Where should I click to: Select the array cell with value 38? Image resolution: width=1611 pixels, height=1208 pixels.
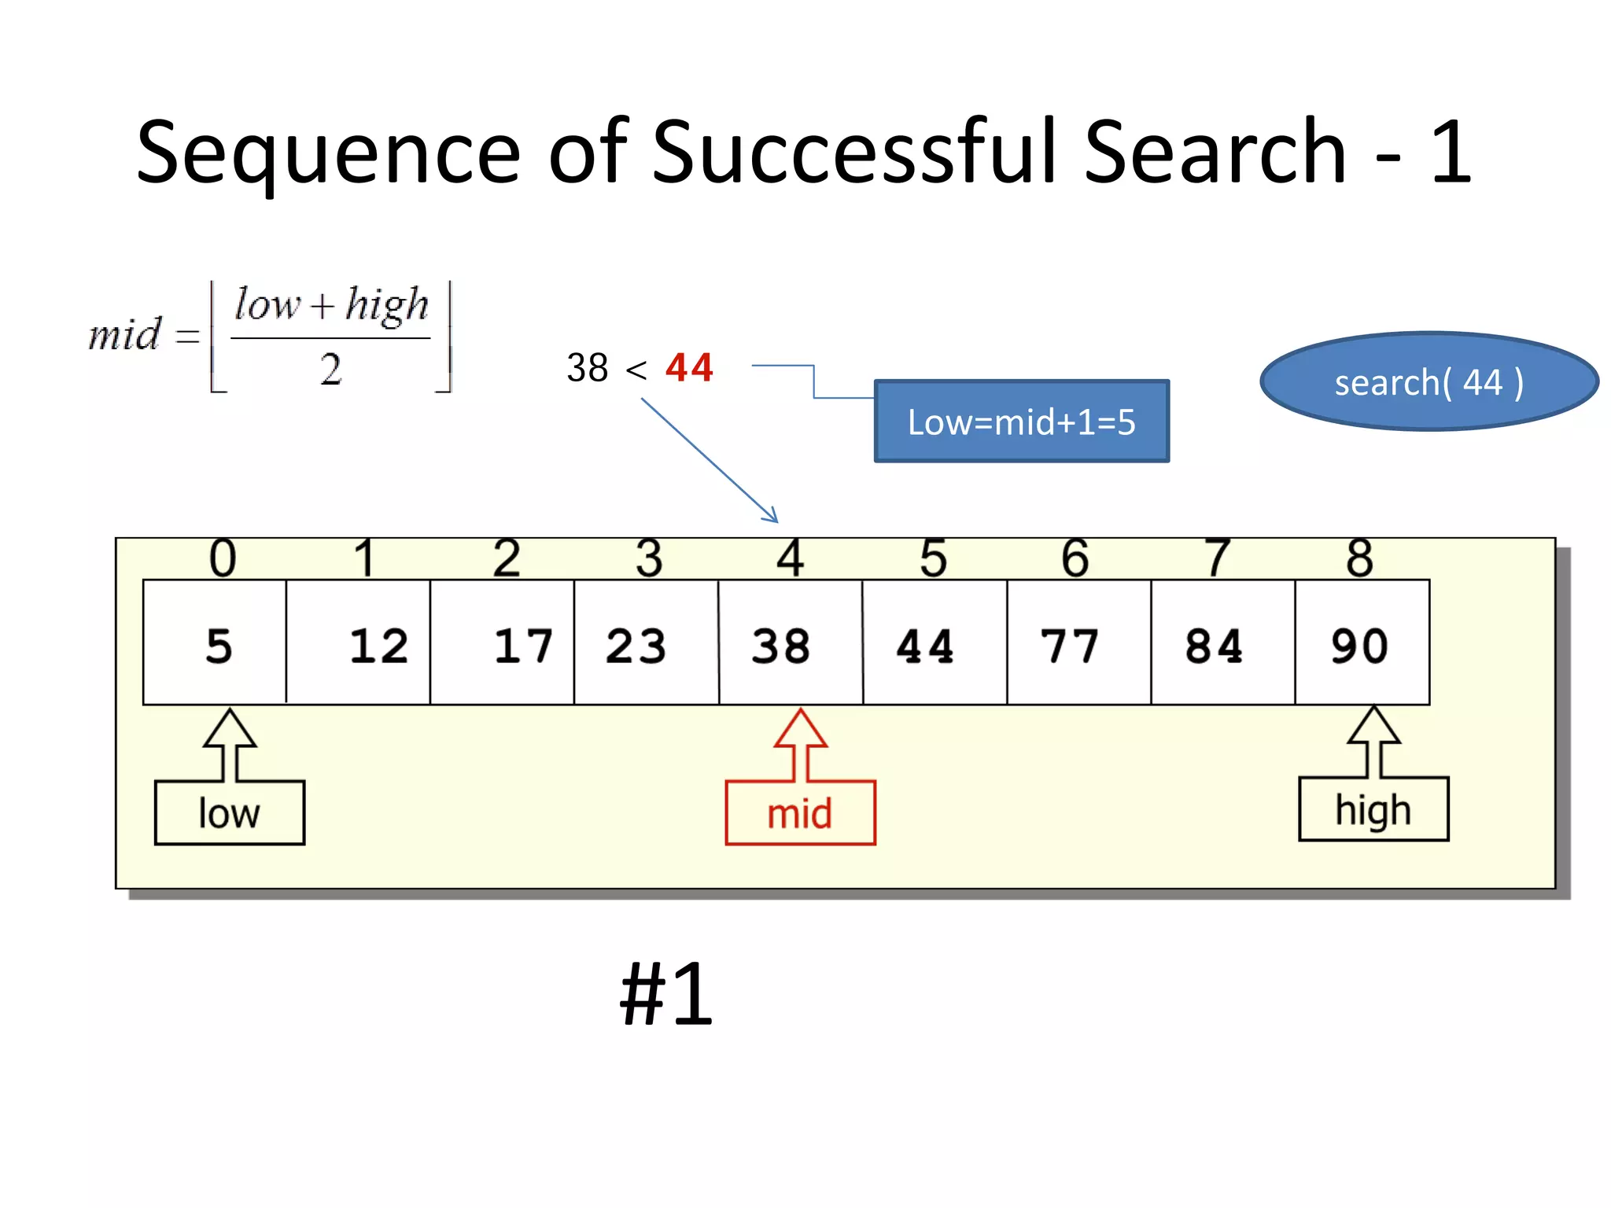[790, 643]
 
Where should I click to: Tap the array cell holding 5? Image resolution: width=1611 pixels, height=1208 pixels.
[216, 643]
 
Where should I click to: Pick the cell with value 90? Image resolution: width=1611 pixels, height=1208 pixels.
[1361, 643]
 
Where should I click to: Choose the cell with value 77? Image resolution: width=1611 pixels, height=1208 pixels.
[1078, 643]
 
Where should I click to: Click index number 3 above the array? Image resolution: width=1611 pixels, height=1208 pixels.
[649, 558]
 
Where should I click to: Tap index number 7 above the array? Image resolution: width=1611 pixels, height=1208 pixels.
[1218, 558]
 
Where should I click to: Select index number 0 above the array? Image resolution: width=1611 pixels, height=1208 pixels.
[223, 558]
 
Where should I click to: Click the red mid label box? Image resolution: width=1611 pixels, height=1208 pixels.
[800, 813]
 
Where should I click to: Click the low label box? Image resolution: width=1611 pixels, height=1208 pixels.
[230, 813]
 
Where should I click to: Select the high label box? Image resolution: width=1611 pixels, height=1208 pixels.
[1373, 810]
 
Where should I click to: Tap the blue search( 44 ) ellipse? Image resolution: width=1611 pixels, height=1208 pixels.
[1429, 382]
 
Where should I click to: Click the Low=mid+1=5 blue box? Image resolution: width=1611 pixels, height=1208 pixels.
[1021, 422]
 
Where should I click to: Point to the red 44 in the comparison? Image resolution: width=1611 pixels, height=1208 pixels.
[689, 367]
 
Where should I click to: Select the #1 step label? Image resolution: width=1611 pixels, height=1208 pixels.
[666, 995]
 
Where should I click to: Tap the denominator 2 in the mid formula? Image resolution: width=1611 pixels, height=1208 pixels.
[331, 369]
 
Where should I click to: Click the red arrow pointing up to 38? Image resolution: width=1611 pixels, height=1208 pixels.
[800, 743]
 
